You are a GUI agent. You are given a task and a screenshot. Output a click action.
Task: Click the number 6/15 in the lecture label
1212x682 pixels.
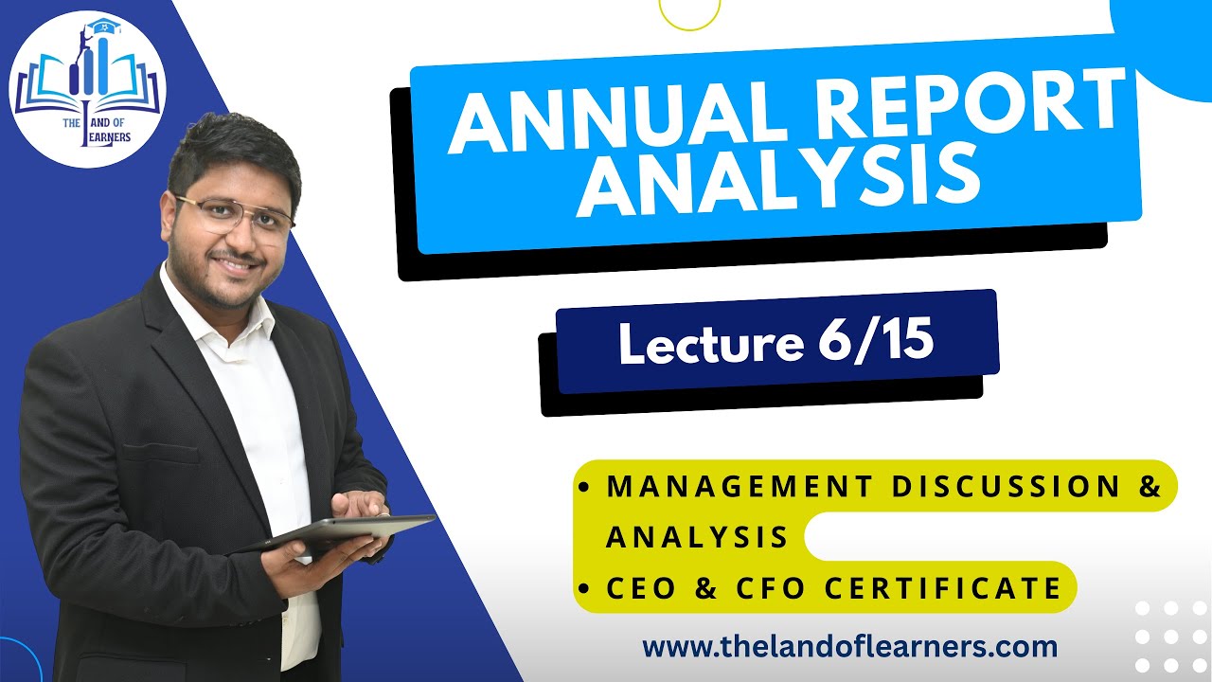pyautogui.click(x=876, y=342)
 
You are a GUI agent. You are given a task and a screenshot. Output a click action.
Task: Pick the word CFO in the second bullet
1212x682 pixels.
pyautogui.click(x=758, y=588)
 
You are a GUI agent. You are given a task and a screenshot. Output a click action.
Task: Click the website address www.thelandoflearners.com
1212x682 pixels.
pyautogui.click(x=849, y=647)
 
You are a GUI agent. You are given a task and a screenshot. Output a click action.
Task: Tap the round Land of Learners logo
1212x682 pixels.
pyautogui.click(x=87, y=90)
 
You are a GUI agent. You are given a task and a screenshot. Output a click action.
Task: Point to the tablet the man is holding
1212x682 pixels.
pyautogui.click(x=341, y=531)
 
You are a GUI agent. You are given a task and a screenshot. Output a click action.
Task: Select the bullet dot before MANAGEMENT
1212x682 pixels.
pyautogui.click(x=584, y=488)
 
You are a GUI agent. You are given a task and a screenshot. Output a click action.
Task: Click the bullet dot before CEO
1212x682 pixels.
pyautogui.click(x=584, y=589)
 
